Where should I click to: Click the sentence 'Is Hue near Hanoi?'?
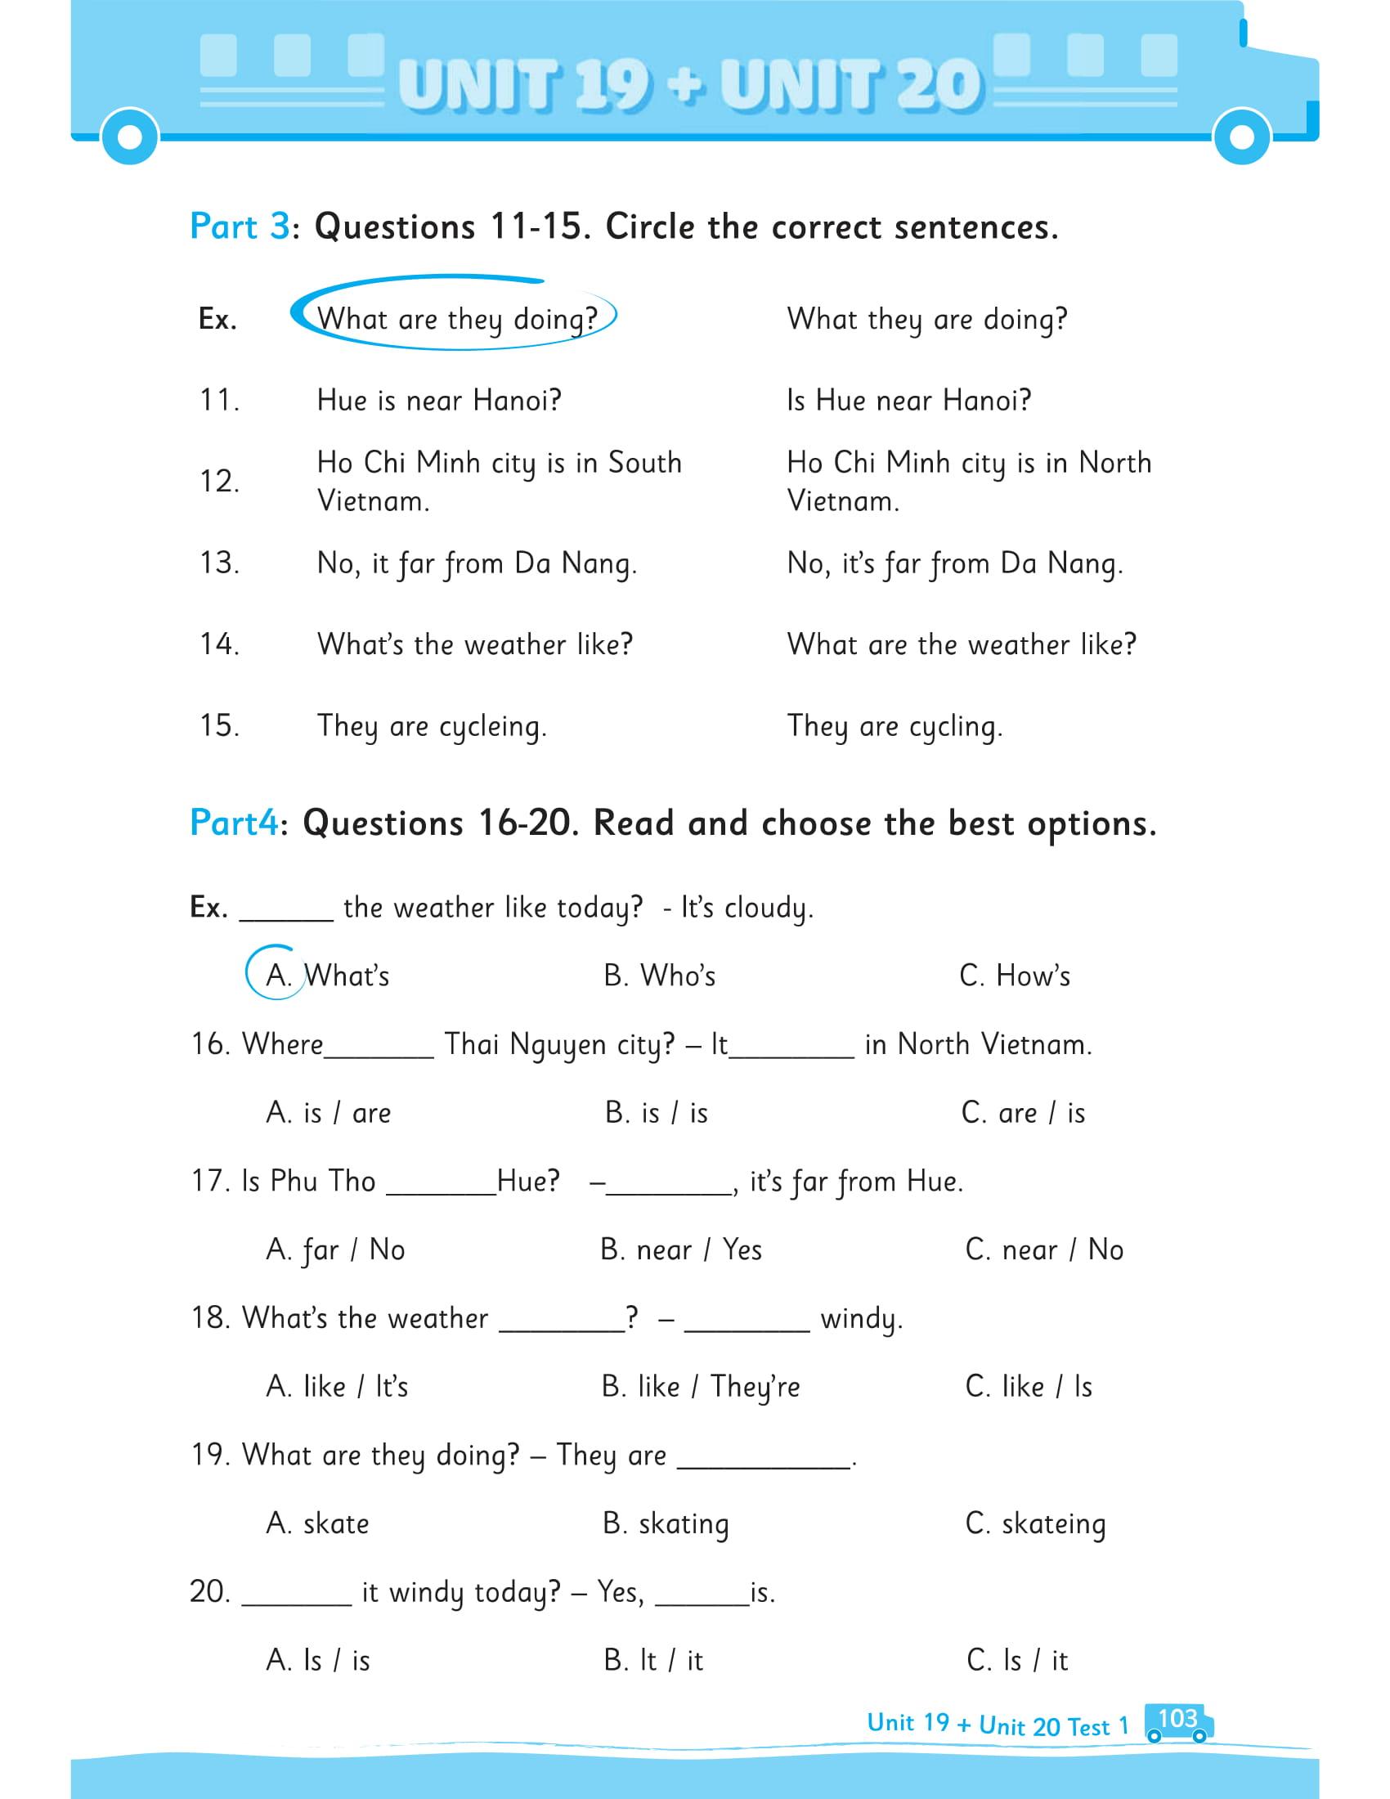[x=908, y=402]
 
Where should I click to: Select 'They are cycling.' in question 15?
[x=895, y=726]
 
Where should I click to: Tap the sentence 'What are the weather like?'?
[x=961, y=645]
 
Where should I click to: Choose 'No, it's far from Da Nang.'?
[x=954, y=564]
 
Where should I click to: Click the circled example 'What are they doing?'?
[x=456, y=319]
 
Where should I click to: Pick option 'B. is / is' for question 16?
[x=656, y=1113]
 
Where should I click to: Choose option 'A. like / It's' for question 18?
[x=337, y=1386]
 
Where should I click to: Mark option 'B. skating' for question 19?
[x=666, y=1523]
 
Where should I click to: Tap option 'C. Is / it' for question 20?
[x=1017, y=1660]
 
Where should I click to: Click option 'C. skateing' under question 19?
[x=1035, y=1523]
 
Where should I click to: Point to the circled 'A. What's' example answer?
[x=327, y=976]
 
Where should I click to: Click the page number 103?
[x=1177, y=1717]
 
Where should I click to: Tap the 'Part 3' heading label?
[x=239, y=227]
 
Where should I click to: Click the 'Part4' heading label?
[x=234, y=823]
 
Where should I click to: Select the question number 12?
[x=219, y=482]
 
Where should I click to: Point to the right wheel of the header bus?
[x=1243, y=137]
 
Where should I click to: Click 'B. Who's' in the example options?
[x=659, y=976]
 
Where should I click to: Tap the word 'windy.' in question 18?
[x=861, y=1319]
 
